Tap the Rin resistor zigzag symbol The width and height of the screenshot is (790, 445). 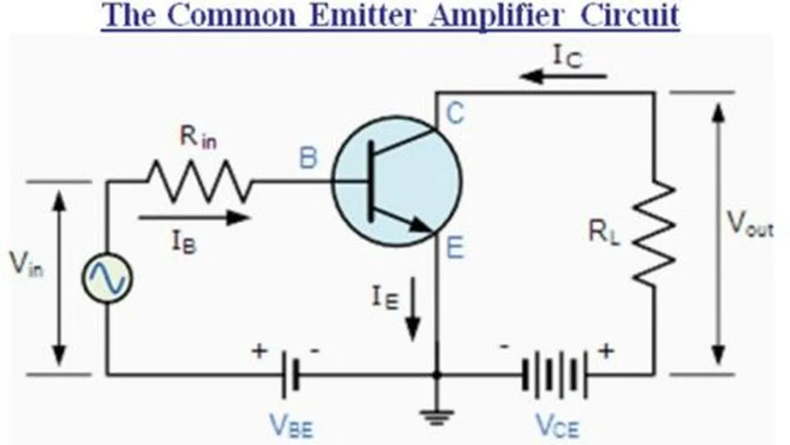(199, 181)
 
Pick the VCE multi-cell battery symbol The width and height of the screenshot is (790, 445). (554, 374)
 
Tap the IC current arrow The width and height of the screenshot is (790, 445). (563, 76)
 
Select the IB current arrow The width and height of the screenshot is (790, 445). (194, 218)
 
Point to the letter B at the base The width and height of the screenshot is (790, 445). (308, 158)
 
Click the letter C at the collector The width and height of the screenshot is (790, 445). (455, 114)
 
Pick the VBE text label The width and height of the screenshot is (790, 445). (291, 427)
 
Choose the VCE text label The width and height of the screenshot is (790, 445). (556, 427)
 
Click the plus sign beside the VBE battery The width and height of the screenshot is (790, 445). (259, 351)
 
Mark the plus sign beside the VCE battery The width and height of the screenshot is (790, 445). (606, 351)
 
